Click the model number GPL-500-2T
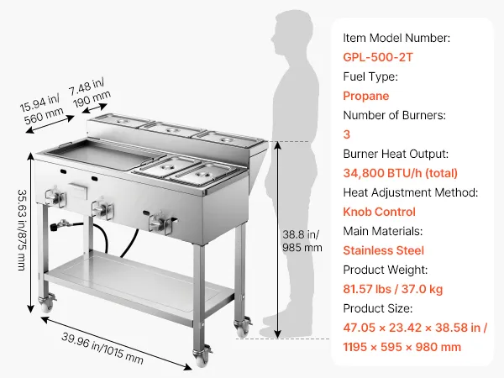(378, 57)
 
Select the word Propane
(365, 96)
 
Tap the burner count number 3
(346, 134)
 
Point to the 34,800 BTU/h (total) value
(400, 173)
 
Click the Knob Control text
(380, 212)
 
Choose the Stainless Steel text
(384, 250)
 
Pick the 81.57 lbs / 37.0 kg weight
(393, 289)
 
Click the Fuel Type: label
(370, 76)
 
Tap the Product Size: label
(378, 308)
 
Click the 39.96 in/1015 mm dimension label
(102, 349)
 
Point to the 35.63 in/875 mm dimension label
(22, 230)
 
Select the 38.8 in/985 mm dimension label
(302, 241)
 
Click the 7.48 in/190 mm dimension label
(90, 92)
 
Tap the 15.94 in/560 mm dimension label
(41, 108)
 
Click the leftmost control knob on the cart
(55, 197)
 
